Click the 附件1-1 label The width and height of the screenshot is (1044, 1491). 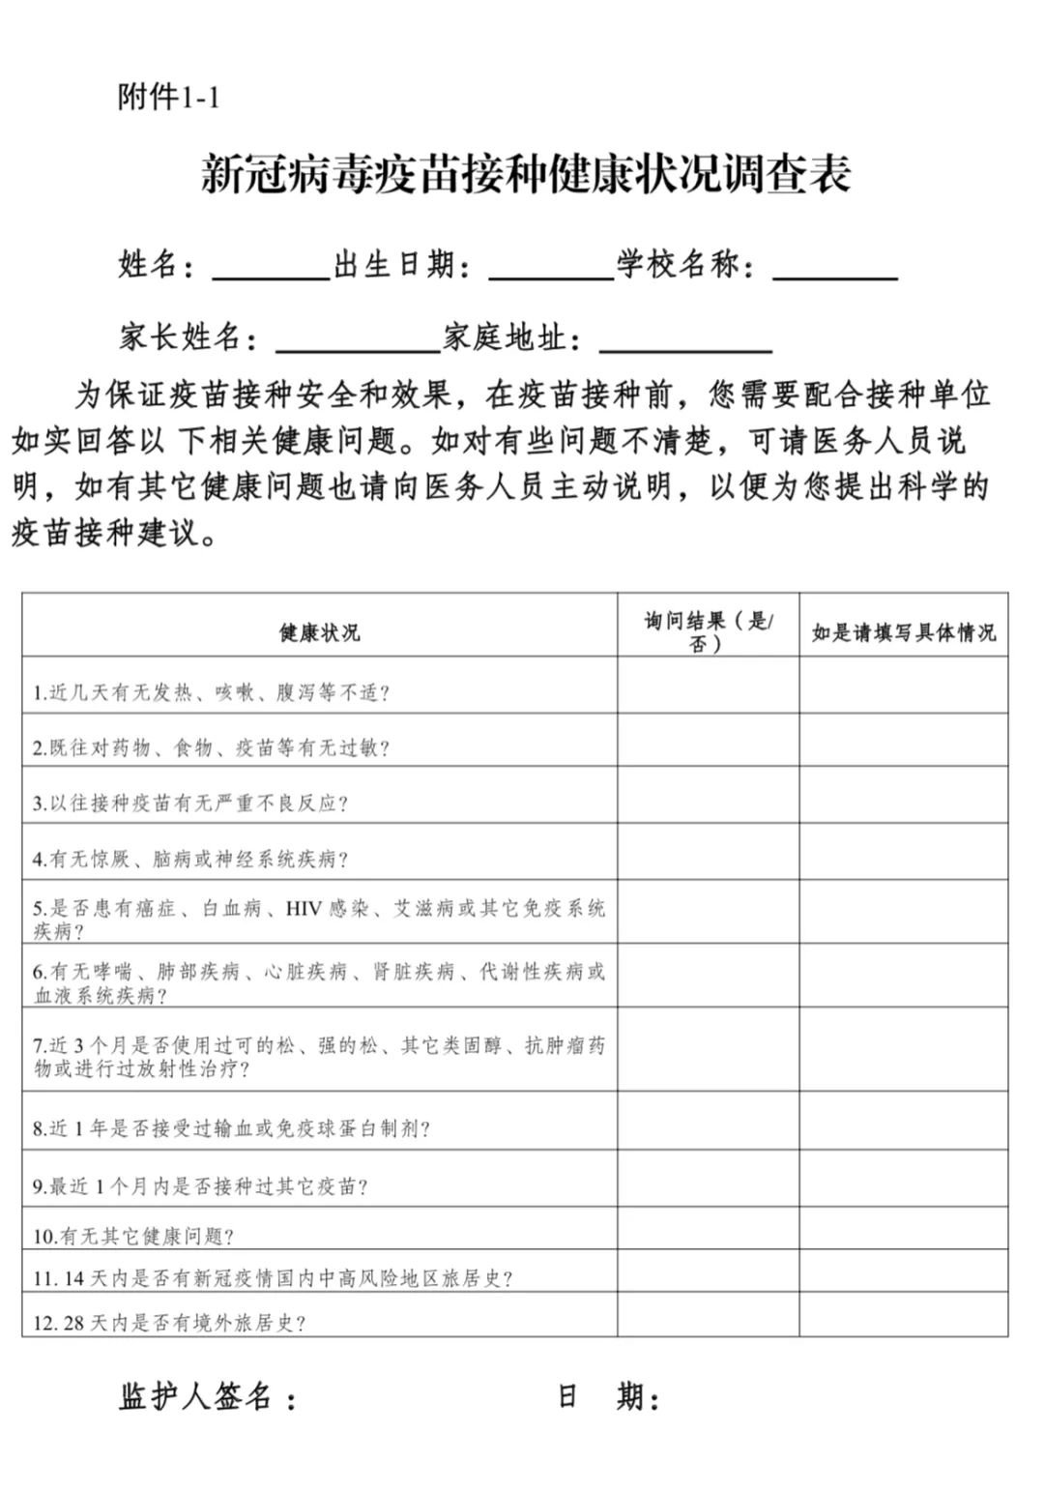(168, 97)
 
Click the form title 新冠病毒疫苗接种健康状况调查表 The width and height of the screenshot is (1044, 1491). (526, 175)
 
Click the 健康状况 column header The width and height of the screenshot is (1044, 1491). (319, 632)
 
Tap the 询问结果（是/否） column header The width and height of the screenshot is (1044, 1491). (708, 632)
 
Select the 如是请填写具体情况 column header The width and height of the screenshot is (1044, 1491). (903, 632)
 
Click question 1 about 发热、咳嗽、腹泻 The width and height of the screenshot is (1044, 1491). (211, 692)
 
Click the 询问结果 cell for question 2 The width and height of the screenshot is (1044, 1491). (708, 741)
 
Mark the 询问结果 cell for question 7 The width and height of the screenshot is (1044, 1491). (708, 1050)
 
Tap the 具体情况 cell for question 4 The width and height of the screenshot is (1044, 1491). (903, 852)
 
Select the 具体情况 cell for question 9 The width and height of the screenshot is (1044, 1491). (903, 1179)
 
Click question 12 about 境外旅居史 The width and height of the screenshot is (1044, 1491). (169, 1323)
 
